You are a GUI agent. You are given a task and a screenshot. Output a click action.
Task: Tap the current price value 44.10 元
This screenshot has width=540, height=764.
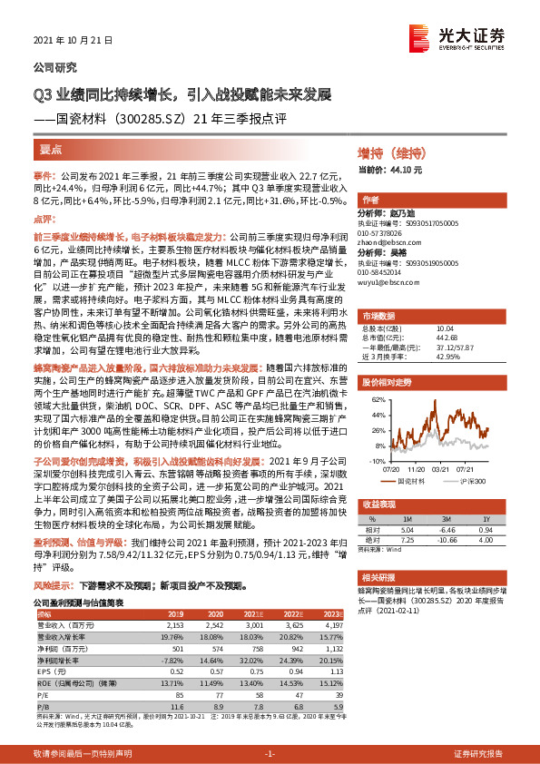404,169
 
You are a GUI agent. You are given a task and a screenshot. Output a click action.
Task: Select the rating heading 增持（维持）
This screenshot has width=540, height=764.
390,155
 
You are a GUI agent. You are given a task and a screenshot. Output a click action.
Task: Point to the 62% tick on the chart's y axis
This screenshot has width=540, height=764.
375,399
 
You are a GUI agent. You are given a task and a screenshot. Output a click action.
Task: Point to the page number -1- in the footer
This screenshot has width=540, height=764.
270,754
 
